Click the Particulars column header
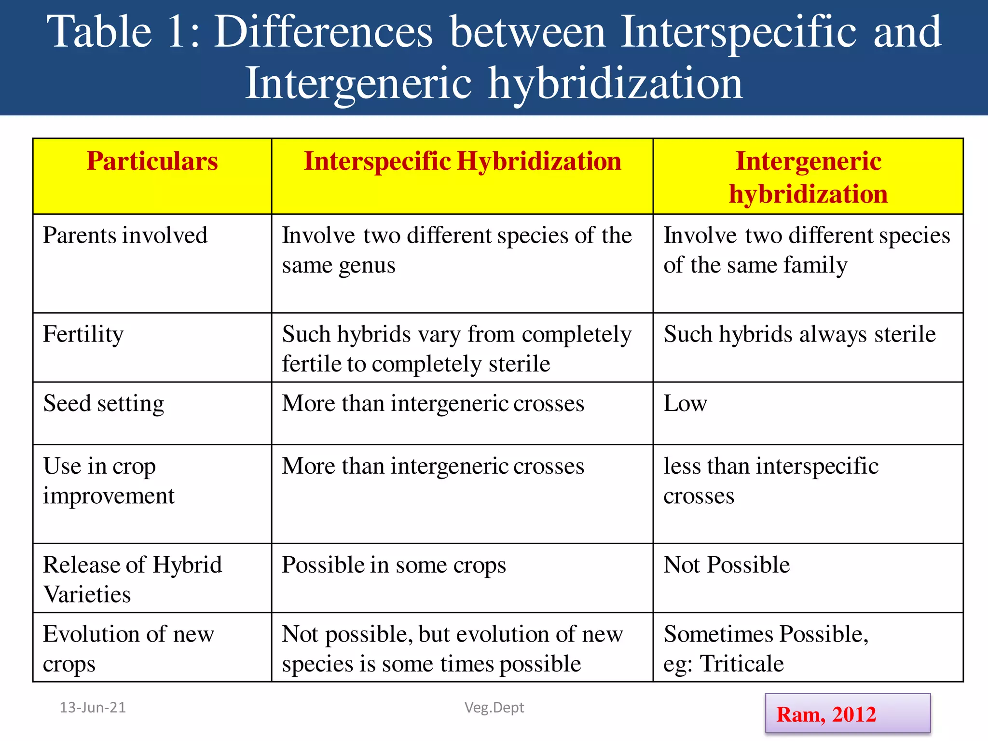(x=152, y=161)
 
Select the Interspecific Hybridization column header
(x=462, y=161)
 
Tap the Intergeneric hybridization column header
(x=808, y=177)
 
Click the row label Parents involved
(x=125, y=236)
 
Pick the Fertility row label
(x=83, y=334)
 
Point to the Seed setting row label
(x=103, y=404)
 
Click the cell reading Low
(x=685, y=404)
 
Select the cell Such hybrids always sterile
(x=799, y=334)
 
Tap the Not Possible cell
(x=727, y=565)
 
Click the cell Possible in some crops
(x=394, y=565)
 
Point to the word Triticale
(x=741, y=664)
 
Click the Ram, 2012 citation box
(x=847, y=714)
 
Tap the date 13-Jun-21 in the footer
(x=93, y=708)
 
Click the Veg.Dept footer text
(x=494, y=708)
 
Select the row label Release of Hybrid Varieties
(x=132, y=579)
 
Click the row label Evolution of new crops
(x=128, y=649)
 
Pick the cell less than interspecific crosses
(x=770, y=481)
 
